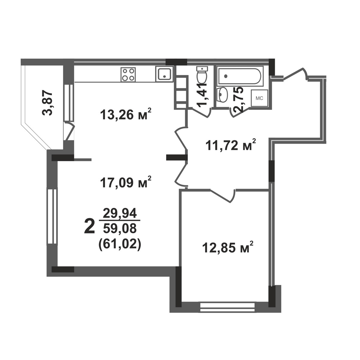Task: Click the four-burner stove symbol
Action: coord(128,74)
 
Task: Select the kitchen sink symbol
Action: coord(164,74)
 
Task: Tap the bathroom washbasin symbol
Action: coord(222,94)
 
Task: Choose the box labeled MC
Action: coord(259,98)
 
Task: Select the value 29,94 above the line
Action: coord(120,213)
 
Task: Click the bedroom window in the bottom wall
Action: coord(227,306)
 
